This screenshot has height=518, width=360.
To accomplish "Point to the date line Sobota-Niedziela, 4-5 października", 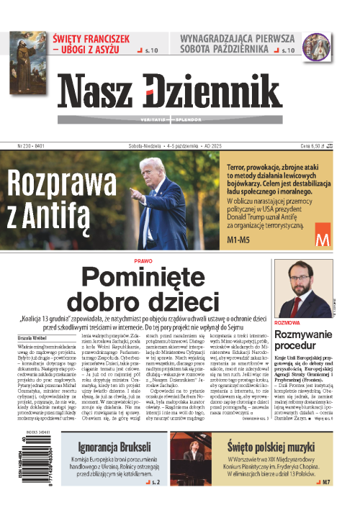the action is (x=165, y=145).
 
